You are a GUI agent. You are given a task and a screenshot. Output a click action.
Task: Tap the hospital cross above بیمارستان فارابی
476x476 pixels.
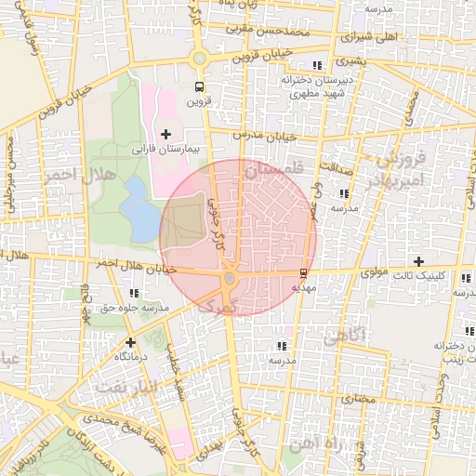(x=165, y=135)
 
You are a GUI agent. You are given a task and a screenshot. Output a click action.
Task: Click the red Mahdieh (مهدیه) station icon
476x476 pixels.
(x=302, y=272)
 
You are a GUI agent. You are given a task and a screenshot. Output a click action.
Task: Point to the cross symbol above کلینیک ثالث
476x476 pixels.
(x=419, y=261)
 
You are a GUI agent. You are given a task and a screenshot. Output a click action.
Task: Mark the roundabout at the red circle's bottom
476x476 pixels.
(x=230, y=278)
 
